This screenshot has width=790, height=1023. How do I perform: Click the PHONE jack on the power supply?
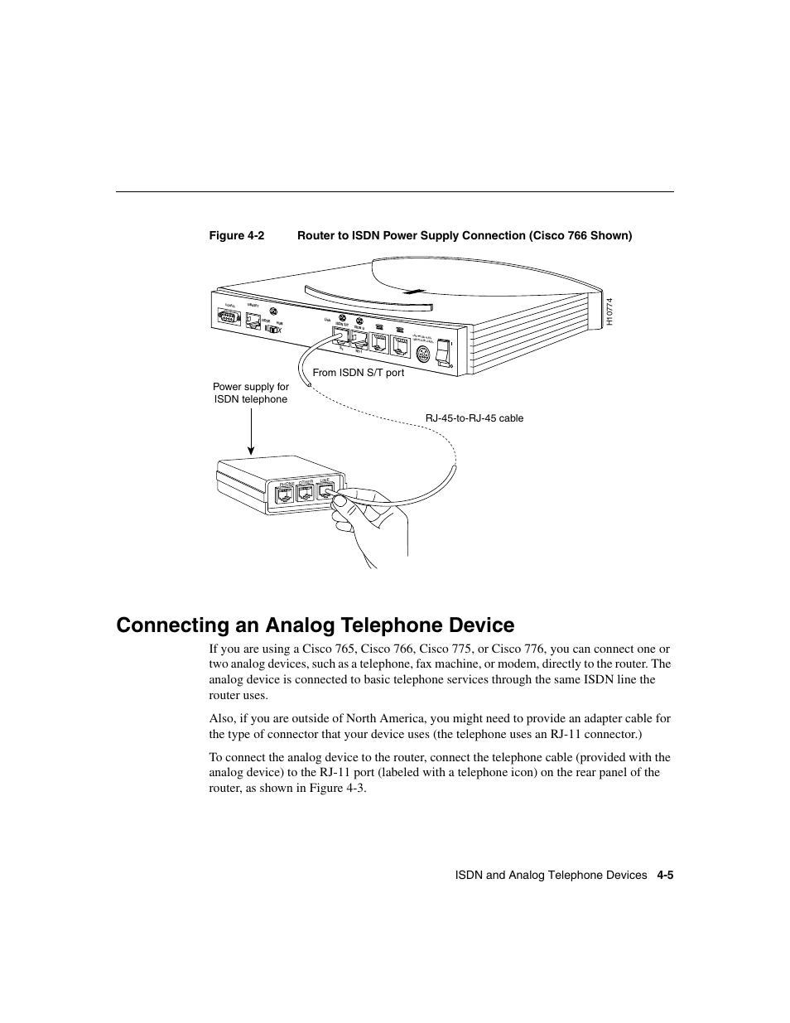tap(285, 495)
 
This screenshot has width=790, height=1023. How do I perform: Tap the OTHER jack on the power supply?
tap(306, 495)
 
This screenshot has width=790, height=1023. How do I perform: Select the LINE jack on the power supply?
tap(325, 493)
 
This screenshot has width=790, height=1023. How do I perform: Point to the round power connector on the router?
tap(422, 355)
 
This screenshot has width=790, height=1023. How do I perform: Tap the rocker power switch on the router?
tap(444, 351)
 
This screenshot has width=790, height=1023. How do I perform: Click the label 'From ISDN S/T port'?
tap(358, 373)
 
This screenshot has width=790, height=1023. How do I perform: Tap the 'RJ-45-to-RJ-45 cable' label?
tap(474, 418)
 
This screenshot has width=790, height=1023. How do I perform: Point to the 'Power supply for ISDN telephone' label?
tap(251, 393)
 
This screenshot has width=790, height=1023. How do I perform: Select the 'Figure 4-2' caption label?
tap(236, 236)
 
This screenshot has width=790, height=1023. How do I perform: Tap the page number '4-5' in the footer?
tap(665, 875)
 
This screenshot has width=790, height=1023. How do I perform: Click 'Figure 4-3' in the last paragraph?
tap(336, 788)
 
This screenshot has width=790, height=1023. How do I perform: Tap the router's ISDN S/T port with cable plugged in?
tap(340, 336)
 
